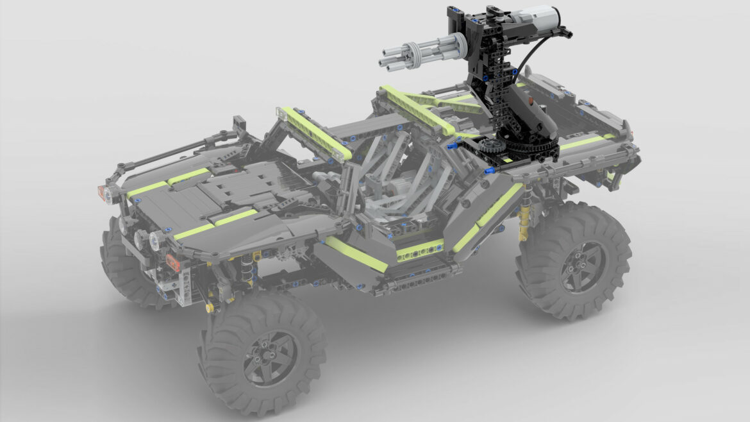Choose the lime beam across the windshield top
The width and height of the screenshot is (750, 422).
click(x=317, y=133)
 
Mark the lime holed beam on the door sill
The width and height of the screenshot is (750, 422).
click(x=420, y=251)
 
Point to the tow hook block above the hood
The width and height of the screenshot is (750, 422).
click(x=240, y=122)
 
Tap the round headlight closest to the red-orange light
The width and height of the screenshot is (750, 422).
click(x=155, y=241)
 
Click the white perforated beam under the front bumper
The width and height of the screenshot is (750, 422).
click(x=186, y=285)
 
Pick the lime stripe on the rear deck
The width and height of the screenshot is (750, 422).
click(x=585, y=141)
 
